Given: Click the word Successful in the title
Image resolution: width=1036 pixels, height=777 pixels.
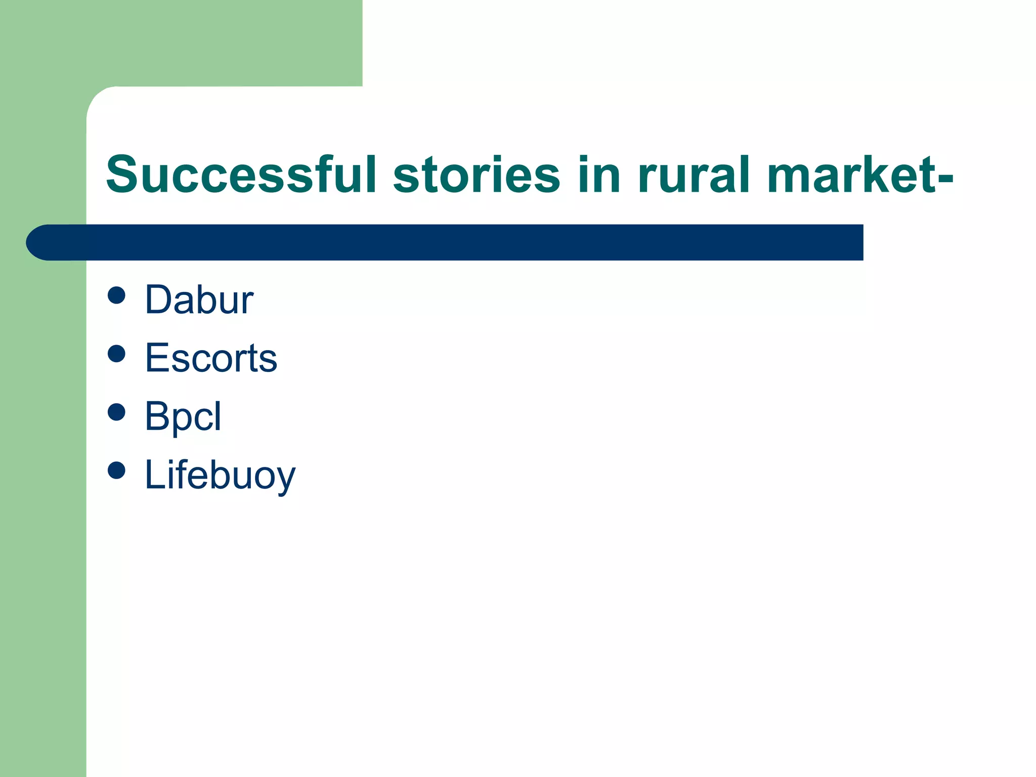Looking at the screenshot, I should click(x=240, y=175).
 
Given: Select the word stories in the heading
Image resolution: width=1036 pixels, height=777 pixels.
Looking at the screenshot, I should click(x=476, y=175).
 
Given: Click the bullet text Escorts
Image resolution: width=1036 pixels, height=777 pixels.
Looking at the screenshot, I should click(x=211, y=358).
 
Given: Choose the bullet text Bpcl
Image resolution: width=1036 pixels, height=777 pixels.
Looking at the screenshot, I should click(x=183, y=416).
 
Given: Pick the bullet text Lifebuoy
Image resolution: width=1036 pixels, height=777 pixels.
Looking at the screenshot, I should click(x=220, y=475).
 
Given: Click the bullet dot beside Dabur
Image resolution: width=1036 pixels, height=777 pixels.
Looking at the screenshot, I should click(x=116, y=295).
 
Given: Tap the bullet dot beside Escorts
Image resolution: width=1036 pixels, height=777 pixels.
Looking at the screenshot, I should click(x=116, y=354).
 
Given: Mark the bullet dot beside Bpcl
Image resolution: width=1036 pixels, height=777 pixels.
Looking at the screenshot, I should click(x=116, y=412).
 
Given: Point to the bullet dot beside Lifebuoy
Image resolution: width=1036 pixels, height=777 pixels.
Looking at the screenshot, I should click(x=116, y=470).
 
